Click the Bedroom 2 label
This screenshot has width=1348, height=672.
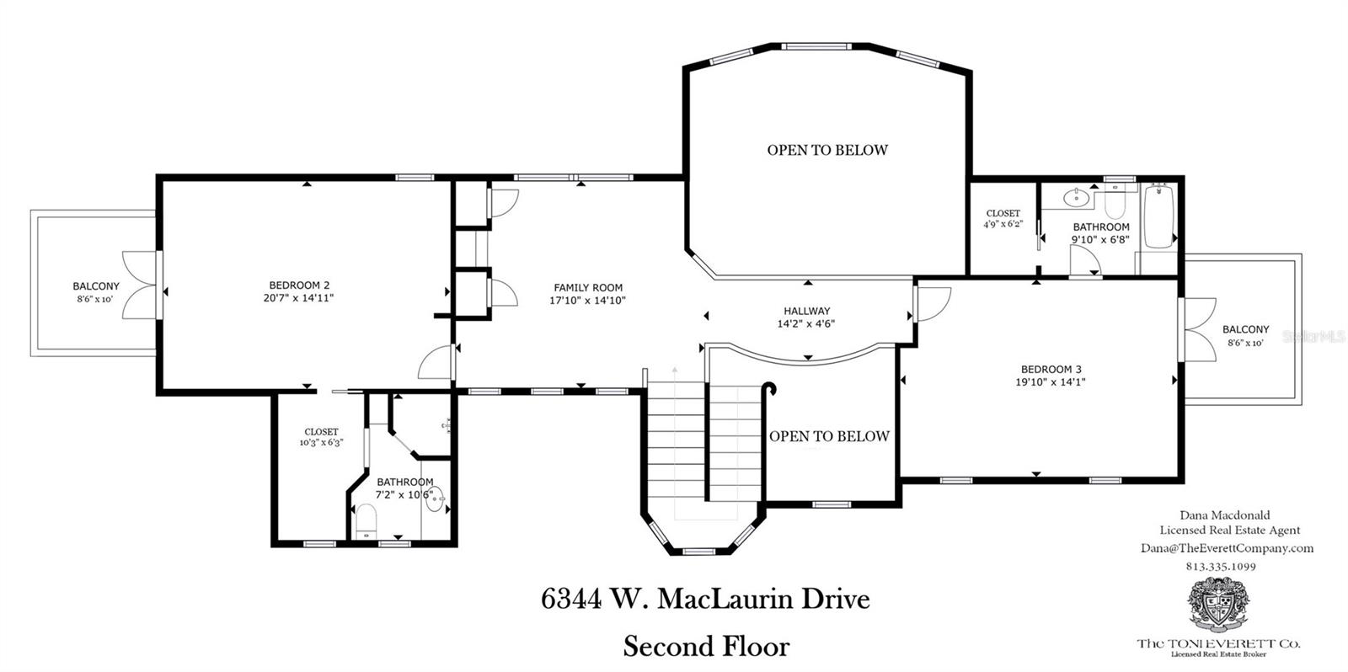click(299, 285)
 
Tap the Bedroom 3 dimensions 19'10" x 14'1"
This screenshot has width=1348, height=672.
click(1050, 381)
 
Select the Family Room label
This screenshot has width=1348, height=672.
click(588, 287)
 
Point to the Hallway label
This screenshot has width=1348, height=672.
click(806, 311)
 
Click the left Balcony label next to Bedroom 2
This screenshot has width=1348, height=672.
click(96, 286)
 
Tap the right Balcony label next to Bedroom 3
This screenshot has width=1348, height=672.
click(1246, 329)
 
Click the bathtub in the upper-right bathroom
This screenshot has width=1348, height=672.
click(1158, 216)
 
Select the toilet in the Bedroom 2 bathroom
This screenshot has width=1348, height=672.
click(366, 521)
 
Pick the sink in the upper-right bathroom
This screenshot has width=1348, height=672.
click(1076, 197)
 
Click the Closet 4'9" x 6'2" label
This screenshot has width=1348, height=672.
click(1003, 219)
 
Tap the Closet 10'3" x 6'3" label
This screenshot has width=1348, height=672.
click(321, 437)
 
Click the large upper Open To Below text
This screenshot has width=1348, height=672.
click(827, 151)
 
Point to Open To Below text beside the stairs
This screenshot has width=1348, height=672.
click(829, 436)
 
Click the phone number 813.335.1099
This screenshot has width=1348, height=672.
click(1221, 566)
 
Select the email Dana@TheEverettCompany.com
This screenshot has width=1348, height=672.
click(1227, 548)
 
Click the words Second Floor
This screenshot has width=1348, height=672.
click(707, 646)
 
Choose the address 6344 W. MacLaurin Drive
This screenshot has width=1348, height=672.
click(705, 600)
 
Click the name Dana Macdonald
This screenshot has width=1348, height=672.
click(1225, 515)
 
